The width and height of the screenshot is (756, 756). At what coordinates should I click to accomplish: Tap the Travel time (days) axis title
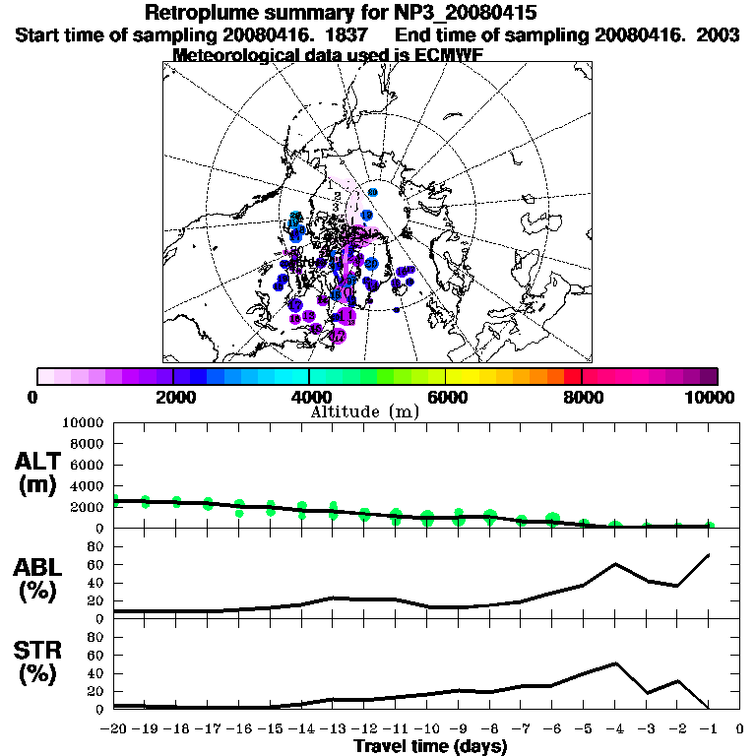coord(430,746)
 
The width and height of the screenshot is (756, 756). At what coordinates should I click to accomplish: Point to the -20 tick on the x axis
coord(115,729)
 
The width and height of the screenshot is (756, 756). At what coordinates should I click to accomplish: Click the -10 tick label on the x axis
coord(427,729)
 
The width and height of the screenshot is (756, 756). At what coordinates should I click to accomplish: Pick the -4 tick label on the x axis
coord(614,729)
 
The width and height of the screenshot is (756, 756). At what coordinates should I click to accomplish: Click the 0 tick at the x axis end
coord(739,729)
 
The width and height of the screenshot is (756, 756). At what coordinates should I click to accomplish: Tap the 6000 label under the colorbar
coord(446,397)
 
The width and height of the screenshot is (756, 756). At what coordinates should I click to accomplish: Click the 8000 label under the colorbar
coord(582,397)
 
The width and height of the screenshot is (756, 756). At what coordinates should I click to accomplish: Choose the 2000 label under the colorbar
coord(173,397)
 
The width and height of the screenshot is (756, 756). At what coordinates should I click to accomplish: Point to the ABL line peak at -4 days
coord(614,564)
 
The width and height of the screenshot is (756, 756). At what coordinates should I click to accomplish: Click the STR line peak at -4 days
coord(614,663)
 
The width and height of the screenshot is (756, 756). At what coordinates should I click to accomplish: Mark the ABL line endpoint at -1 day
coord(709,555)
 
